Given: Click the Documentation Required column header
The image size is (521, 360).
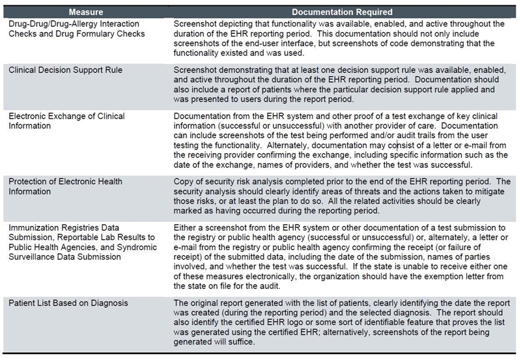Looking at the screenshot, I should click(342, 11).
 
